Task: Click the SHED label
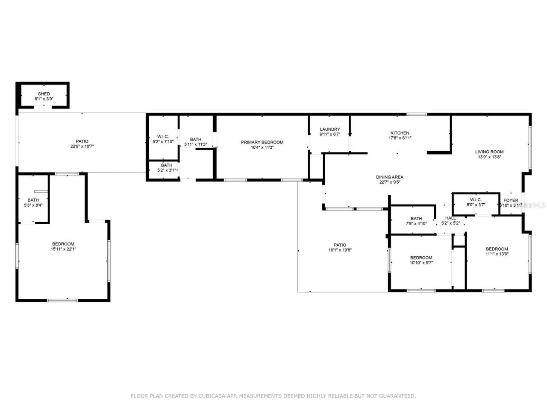pos(44,94)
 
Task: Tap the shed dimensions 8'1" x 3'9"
pos(44,99)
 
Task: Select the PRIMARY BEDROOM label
pos(262,142)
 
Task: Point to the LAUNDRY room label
pos(329,129)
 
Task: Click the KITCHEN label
pos(400,133)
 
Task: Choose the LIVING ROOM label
pos(489,152)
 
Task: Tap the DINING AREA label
pos(389,177)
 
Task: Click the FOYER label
pos(511,200)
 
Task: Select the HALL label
pos(450,218)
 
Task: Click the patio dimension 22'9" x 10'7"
pos(82,146)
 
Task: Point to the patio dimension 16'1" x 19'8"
pos(340,250)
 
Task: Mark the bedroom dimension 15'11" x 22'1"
pos(63,249)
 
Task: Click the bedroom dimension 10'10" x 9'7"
pos(421,263)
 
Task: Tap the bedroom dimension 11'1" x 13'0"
pos(497,254)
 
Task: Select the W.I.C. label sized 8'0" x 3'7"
pos(476,200)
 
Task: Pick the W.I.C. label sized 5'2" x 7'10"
pos(163,137)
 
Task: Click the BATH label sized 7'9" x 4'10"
pos(416,219)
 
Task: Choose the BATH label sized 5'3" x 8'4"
pos(33,200)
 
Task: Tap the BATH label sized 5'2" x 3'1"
pos(167,165)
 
